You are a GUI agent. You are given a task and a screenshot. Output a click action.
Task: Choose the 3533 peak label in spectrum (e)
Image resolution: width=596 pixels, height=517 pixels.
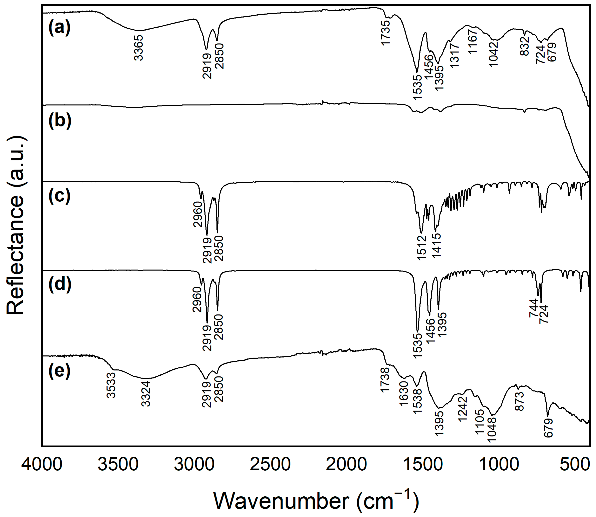click(111, 386)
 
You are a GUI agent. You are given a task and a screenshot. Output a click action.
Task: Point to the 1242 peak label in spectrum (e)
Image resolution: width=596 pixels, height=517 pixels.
click(462, 409)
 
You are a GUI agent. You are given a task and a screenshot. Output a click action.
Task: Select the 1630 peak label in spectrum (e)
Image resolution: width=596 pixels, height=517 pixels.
click(404, 393)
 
